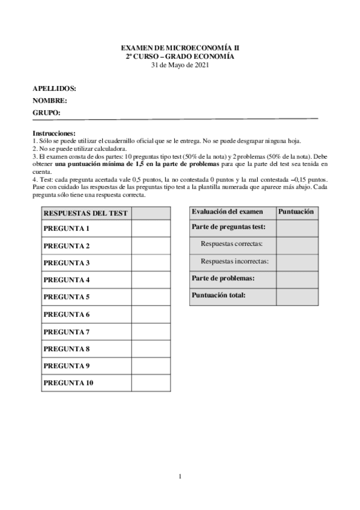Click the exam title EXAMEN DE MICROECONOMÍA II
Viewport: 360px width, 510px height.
click(x=180, y=47)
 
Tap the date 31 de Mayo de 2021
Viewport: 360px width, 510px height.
click(x=180, y=65)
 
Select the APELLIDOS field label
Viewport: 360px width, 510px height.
click(x=54, y=88)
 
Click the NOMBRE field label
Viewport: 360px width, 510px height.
click(x=49, y=100)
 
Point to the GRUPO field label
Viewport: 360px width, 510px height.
click(x=46, y=112)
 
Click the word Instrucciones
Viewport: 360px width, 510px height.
click(x=53, y=132)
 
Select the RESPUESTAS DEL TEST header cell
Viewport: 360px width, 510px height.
click(x=84, y=213)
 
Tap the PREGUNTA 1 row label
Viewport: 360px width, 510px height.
click(x=67, y=229)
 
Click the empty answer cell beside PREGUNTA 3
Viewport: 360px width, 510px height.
click(x=150, y=263)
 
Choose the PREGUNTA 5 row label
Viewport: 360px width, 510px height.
click(x=67, y=297)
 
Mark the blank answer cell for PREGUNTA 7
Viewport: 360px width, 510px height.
click(x=150, y=331)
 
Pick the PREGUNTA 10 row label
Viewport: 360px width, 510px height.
click(x=69, y=382)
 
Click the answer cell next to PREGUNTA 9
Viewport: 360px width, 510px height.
click(x=150, y=366)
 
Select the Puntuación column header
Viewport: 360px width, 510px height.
click(x=297, y=212)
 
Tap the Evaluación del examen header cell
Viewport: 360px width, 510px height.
click(x=227, y=212)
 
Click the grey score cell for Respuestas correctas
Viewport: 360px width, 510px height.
click(x=297, y=244)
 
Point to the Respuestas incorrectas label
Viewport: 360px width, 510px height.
click(x=234, y=262)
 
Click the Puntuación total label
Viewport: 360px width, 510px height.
click(x=219, y=295)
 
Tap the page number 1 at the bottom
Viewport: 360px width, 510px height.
click(x=180, y=477)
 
